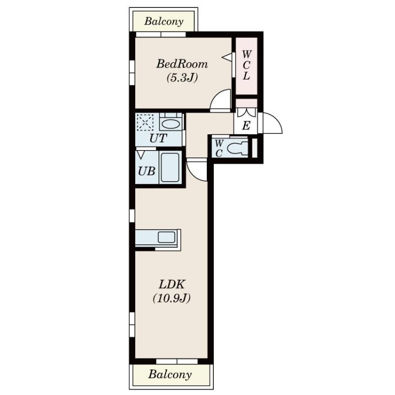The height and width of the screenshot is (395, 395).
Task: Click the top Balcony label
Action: tap(163, 21)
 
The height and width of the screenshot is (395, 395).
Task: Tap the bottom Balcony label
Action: tap(170, 374)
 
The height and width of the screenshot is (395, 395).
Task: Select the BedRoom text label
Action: tap(182, 64)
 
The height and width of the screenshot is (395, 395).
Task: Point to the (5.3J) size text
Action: tap(182, 78)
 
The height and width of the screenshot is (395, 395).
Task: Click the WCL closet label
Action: tap(246, 65)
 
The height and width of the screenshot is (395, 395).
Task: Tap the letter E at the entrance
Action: tap(246, 125)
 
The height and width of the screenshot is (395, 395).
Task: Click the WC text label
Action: tap(219, 148)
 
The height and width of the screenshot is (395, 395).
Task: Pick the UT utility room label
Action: tap(158, 138)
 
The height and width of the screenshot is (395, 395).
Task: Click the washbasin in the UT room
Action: tap(171, 124)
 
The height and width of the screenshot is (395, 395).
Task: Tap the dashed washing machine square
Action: tap(145, 122)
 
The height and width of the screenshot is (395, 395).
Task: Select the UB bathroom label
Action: tap(146, 171)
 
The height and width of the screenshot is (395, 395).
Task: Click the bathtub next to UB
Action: tap(170, 167)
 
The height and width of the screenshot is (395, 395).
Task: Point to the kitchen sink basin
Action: tap(166, 237)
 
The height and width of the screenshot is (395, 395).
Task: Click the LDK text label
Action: tap(171, 284)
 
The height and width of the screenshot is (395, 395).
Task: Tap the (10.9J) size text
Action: tap(171, 298)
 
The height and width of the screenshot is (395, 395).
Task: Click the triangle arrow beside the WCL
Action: tap(227, 57)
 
